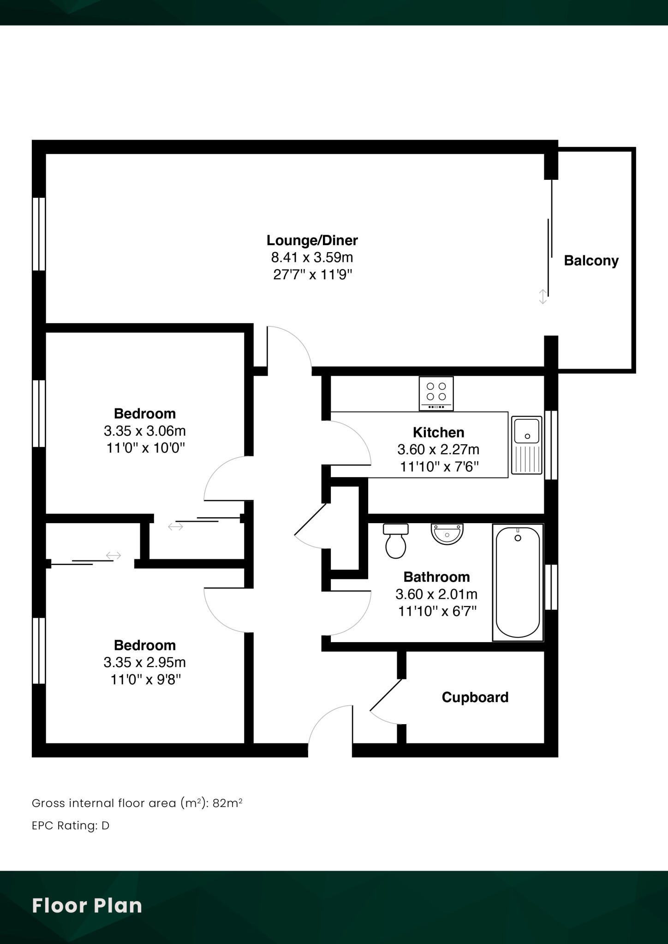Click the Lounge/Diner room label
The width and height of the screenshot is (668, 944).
click(x=312, y=241)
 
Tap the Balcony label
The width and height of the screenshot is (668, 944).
click(x=591, y=261)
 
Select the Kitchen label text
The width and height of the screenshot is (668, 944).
click(x=438, y=432)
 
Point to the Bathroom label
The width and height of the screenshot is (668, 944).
click(x=436, y=577)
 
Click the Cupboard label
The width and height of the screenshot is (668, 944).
click(x=475, y=697)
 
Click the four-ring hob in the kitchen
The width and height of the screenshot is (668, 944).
click(x=436, y=393)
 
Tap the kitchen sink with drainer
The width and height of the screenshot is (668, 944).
click(x=527, y=446)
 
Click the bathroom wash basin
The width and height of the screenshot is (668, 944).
click(x=447, y=533)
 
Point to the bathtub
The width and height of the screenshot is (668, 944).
click(x=518, y=583)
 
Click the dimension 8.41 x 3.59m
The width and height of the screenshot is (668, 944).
click(x=312, y=257)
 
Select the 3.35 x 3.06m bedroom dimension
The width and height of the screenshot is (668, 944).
click(x=145, y=431)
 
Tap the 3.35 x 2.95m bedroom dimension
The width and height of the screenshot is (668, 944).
click(x=145, y=662)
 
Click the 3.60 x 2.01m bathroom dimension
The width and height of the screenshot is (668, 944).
click(x=436, y=595)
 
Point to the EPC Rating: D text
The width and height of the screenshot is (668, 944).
click(x=71, y=826)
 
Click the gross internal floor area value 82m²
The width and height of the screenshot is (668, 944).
click(x=227, y=803)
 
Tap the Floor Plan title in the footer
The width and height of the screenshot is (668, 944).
click(x=87, y=906)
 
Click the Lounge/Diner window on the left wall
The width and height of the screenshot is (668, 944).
click(x=39, y=234)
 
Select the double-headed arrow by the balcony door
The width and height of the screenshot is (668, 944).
click(x=543, y=296)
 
